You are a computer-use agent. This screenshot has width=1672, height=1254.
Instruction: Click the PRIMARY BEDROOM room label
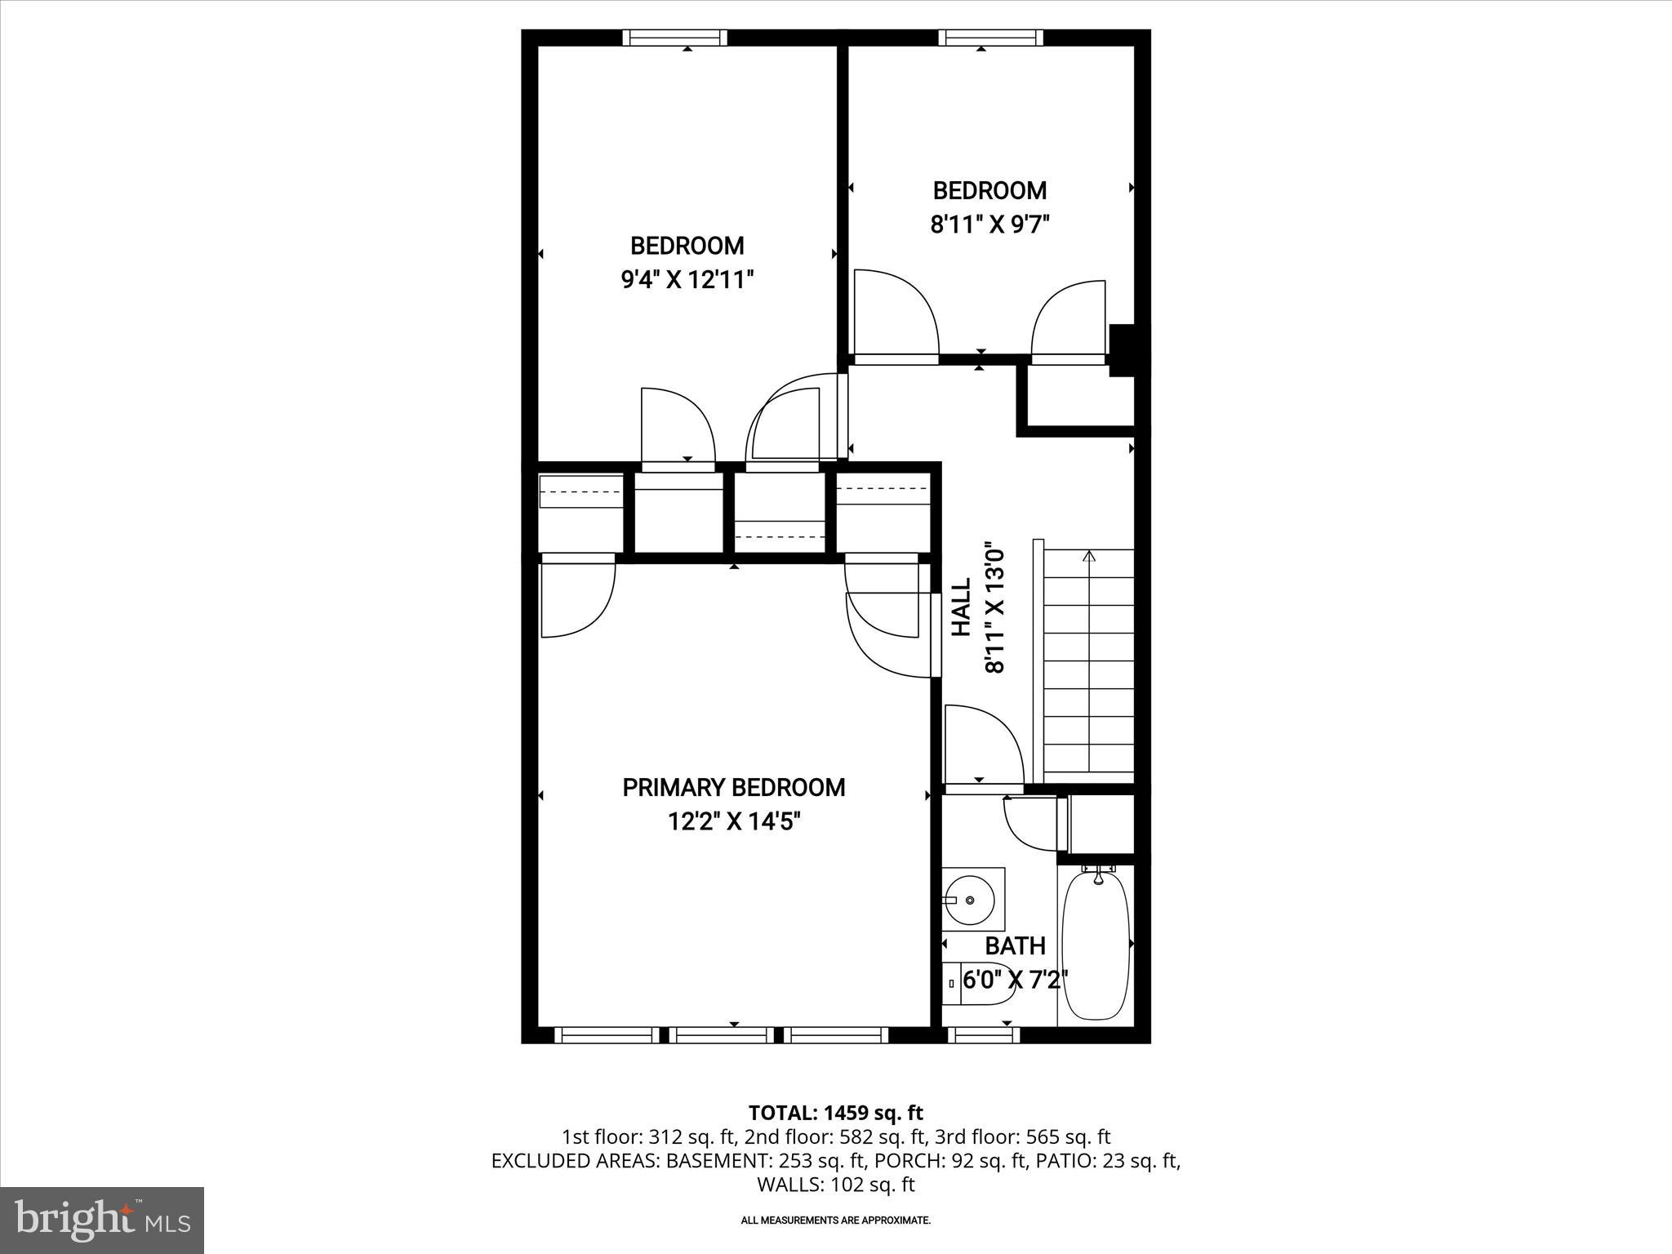[733, 788]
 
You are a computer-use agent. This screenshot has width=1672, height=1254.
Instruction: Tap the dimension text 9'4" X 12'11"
[687, 280]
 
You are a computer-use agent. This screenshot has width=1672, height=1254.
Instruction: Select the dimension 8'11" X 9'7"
[989, 225]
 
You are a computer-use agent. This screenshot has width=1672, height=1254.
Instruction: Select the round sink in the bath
[970, 900]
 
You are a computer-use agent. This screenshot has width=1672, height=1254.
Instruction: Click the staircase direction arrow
[1088, 558]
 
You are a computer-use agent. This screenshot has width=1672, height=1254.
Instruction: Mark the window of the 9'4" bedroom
[674, 38]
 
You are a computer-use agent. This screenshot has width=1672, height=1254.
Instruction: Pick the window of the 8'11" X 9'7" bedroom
[989, 38]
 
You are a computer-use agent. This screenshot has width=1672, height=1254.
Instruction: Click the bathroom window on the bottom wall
[983, 1035]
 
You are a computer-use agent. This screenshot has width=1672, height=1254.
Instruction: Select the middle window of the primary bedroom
[724, 1035]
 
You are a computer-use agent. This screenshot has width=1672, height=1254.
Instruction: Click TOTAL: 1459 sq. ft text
[835, 1113]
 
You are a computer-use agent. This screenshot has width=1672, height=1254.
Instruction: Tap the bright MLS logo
[102, 1221]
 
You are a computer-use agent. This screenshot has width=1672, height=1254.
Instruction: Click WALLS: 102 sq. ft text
[835, 1185]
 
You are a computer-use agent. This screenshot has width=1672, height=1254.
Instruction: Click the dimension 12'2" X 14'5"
[733, 821]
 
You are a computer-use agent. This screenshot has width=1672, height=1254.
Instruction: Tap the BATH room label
[1015, 946]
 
